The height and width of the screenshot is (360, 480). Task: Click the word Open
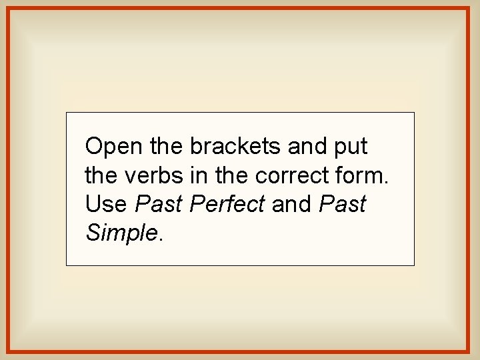(112, 146)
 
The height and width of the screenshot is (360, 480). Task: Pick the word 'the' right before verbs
(101, 175)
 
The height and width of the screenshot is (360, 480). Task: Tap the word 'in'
(197, 175)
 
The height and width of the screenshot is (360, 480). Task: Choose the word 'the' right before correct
(231, 175)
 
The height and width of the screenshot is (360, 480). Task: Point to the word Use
(107, 204)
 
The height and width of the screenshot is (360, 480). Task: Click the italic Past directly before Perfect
(159, 204)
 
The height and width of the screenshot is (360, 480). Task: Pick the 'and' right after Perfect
(292, 204)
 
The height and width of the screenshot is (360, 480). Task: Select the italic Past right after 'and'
(343, 204)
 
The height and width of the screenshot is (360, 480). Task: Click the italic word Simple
(122, 233)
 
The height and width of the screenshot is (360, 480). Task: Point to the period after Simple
(161, 239)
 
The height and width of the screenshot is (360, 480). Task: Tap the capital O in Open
(94, 146)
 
